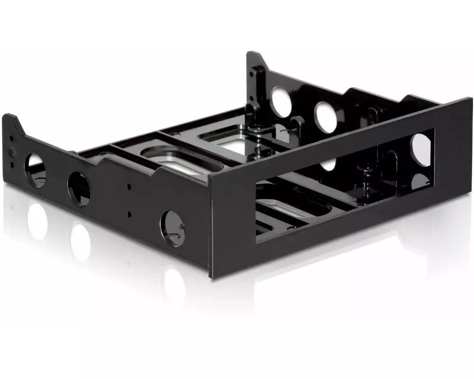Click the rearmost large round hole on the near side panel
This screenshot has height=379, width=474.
click(x=35, y=170)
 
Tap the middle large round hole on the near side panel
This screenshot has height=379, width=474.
click(x=79, y=189)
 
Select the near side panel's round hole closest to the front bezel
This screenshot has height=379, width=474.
click(x=173, y=228)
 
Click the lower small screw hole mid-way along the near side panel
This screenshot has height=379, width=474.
click(x=129, y=214)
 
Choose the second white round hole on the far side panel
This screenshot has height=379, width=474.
click(x=326, y=117)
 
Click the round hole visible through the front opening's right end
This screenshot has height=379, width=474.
click(x=421, y=150)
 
